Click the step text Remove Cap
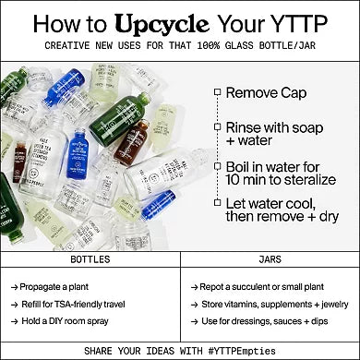point(267,92)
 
